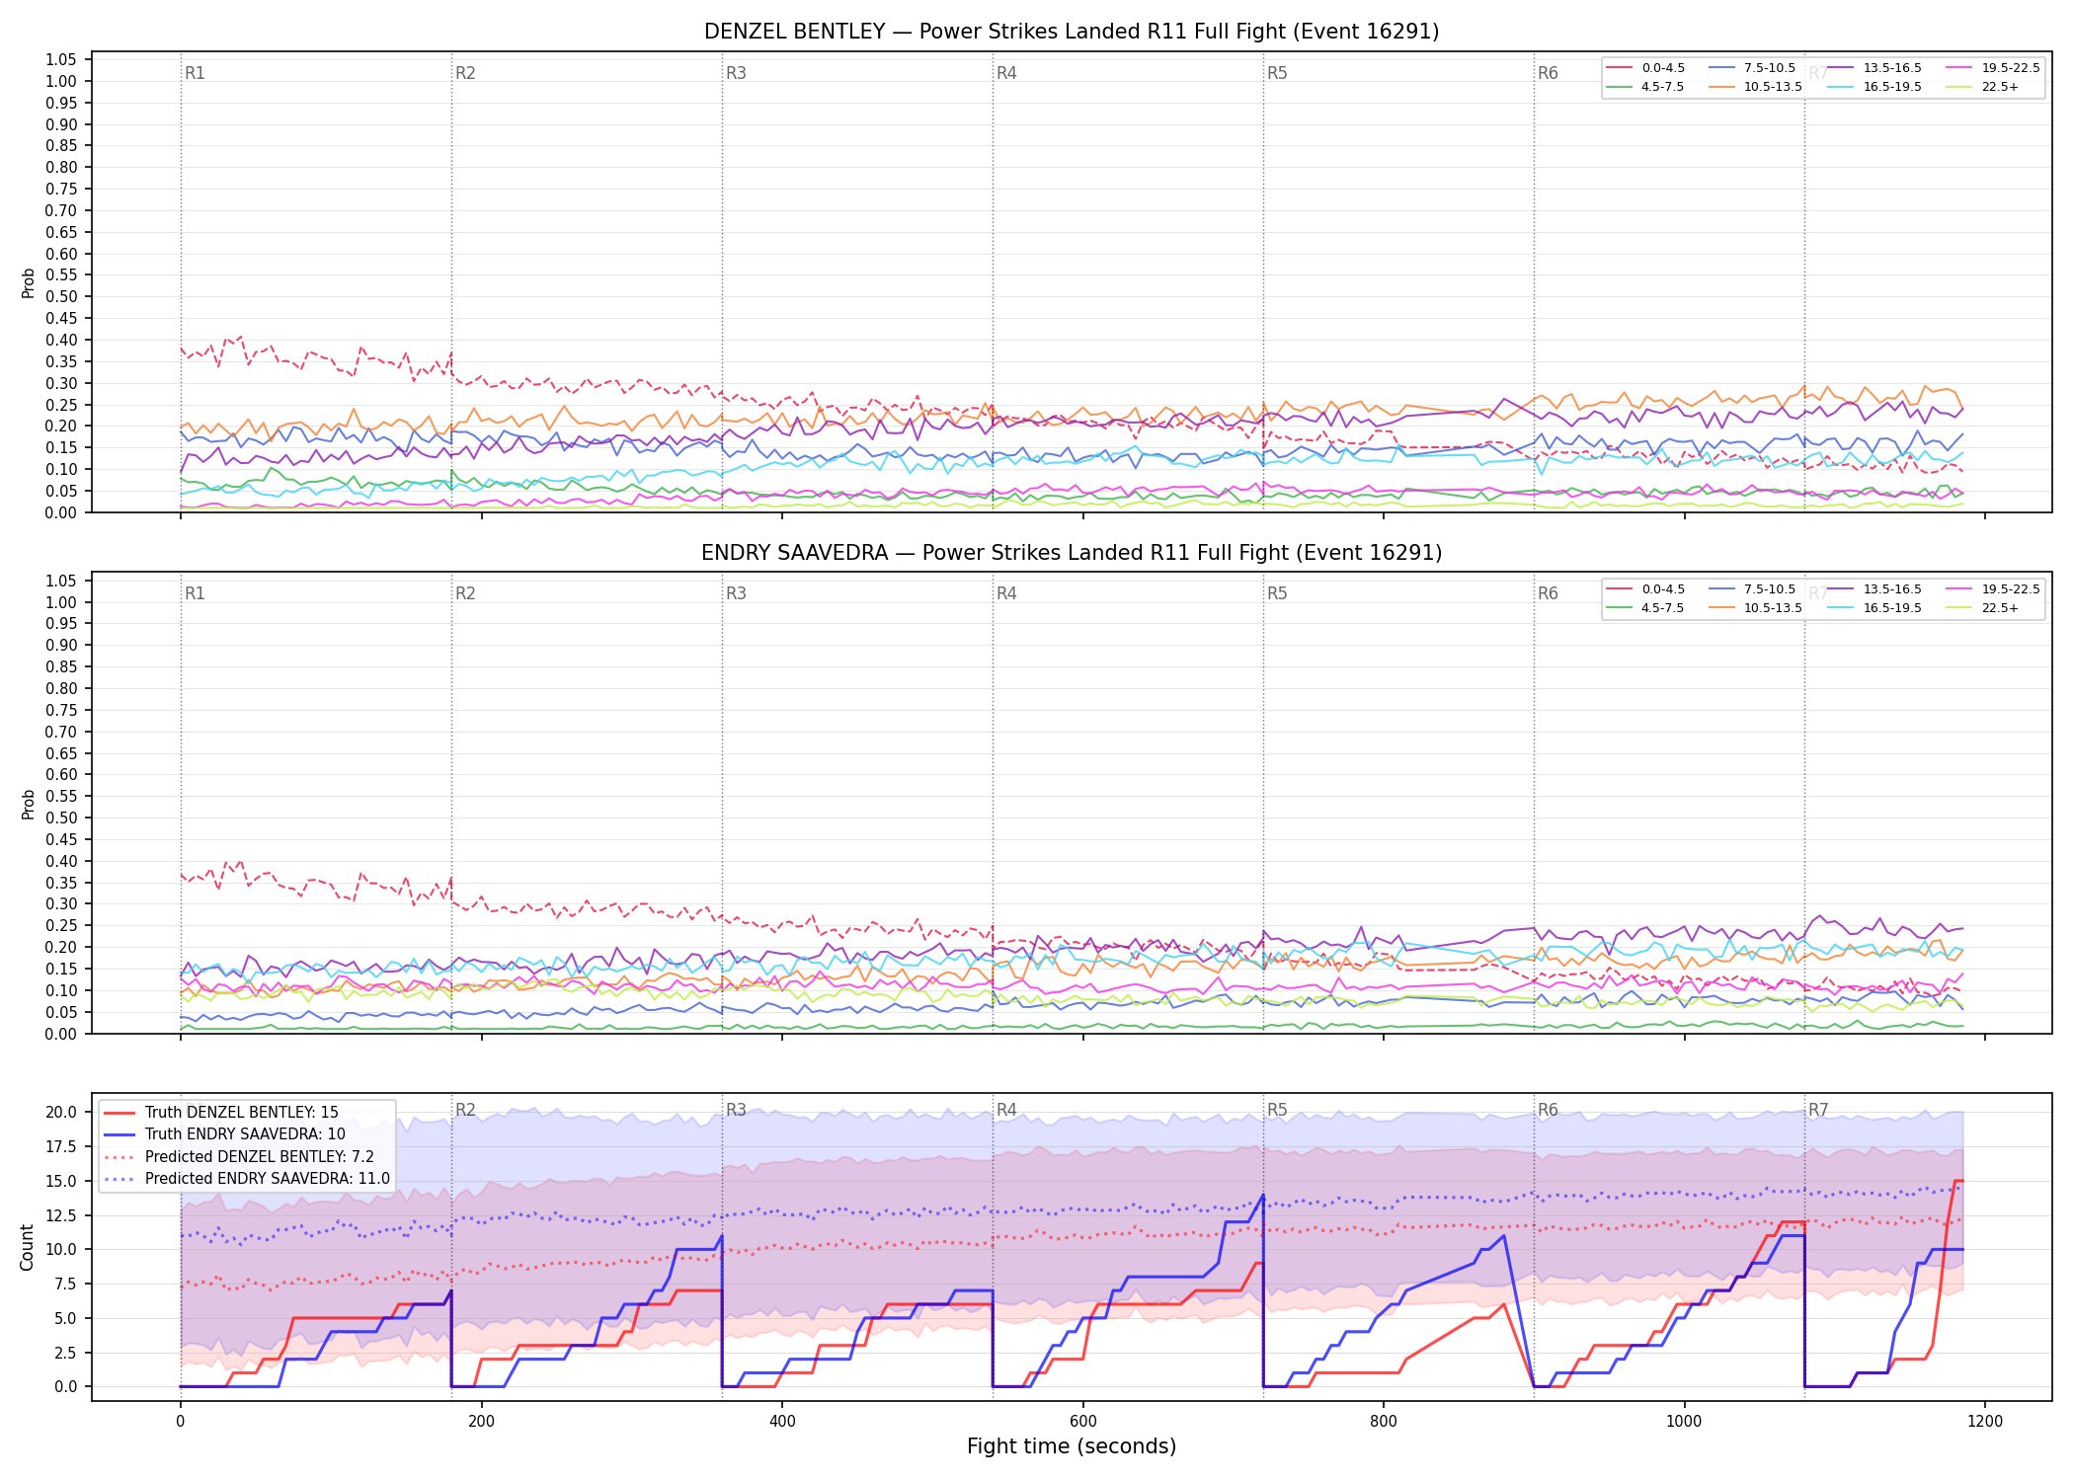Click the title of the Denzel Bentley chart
click(x=1072, y=32)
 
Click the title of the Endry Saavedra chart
click(x=1072, y=553)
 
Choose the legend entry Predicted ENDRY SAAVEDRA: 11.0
click(x=248, y=1179)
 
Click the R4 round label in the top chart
click(x=1006, y=73)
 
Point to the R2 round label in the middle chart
click(x=465, y=593)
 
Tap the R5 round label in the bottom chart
click(x=1277, y=1110)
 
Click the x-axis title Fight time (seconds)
click(x=1072, y=1446)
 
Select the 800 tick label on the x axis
click(x=1384, y=1422)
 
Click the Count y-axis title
click(x=28, y=1247)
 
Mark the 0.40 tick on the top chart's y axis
click(x=62, y=340)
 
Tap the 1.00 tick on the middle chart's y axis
click(x=62, y=602)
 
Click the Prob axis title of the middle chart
click(x=29, y=804)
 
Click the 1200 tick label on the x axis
click(x=1985, y=1422)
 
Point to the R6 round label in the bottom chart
click(x=1548, y=1110)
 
